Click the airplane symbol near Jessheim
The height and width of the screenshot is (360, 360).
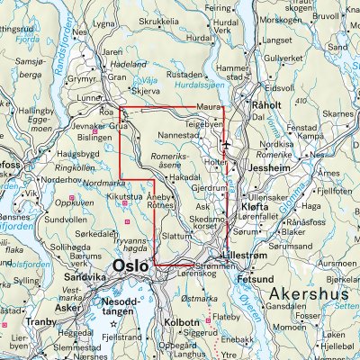pyautogui.click(x=225, y=143)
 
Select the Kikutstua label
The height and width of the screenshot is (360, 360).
pyautogui.click(x=126, y=193)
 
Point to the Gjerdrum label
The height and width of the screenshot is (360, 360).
pyautogui.click(x=207, y=189)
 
